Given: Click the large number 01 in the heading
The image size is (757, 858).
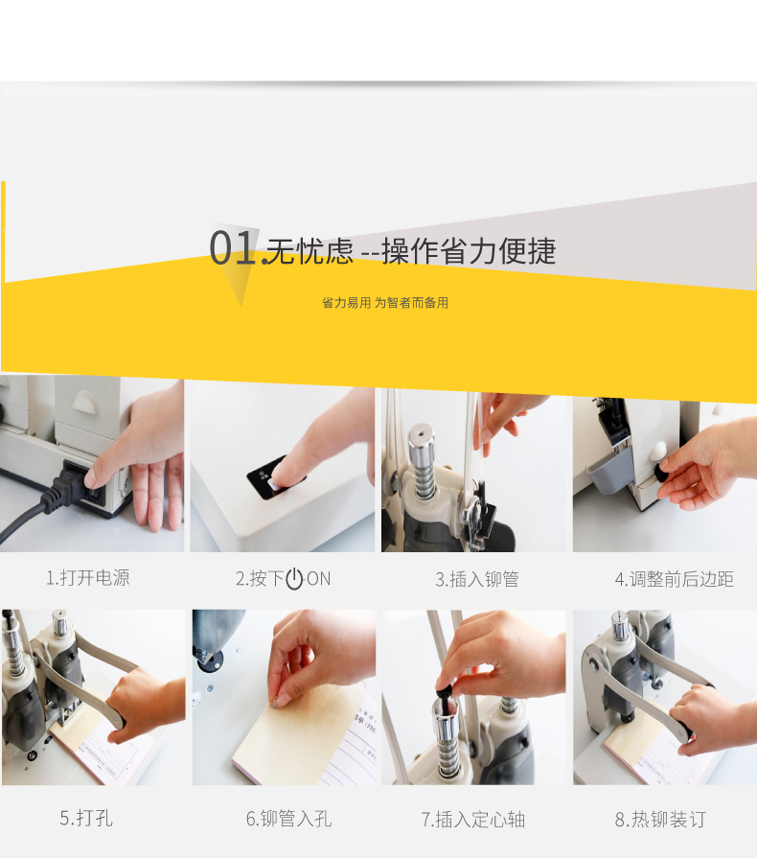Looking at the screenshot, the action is pos(232,248).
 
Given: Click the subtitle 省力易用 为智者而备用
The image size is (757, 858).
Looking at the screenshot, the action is pos(385,303).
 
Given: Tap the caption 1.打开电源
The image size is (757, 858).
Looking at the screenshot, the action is pos(87,578).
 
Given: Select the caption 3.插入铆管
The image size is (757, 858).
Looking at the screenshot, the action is pos(477,579).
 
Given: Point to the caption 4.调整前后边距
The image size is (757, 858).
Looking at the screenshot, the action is pos(675,579).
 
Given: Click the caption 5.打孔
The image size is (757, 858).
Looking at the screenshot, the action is pos(86,818).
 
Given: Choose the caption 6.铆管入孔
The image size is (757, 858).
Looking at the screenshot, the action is pos(288,819).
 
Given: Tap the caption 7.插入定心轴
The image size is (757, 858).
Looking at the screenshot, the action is pos(473,819).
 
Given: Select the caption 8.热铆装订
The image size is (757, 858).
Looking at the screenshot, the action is pos(661,819).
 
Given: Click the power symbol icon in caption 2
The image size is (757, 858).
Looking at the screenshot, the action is pos(294,578).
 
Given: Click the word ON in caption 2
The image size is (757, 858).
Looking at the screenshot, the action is pos(318,578).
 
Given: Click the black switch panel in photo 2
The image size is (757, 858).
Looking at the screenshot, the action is pos(272,478).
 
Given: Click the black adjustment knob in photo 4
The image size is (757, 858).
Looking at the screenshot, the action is pos(663,471).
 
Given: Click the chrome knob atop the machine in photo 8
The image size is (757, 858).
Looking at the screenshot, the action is pos(619,627).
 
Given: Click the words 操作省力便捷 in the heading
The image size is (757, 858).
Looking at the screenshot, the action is pos(469,251).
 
